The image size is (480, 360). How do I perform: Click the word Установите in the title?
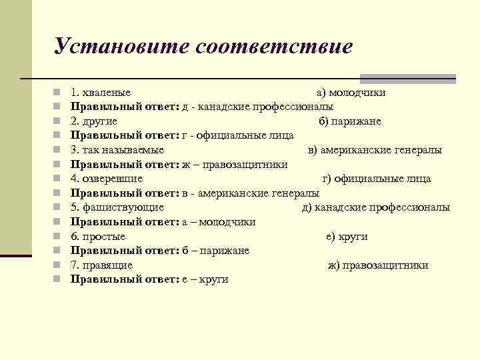tap(121, 46)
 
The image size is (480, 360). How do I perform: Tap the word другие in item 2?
tap(100, 121)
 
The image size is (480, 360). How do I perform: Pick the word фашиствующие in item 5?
tap(123, 207)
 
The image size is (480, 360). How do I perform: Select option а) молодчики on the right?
tap(351, 92)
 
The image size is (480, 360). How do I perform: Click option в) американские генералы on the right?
tap(375, 150)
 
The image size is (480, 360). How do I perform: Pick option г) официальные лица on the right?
tap(377, 179)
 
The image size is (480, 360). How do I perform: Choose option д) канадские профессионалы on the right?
tap(376, 207)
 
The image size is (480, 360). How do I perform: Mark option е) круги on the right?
tap(347, 236)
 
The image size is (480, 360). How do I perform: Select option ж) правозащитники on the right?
tap(378, 265)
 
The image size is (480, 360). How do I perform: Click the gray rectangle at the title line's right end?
tap(407, 78)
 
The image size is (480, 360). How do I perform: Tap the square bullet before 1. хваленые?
tap(58, 92)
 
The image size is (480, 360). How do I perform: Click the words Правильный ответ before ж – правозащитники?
tap(125, 164)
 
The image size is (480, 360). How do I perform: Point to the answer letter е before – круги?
tap(183, 280)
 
